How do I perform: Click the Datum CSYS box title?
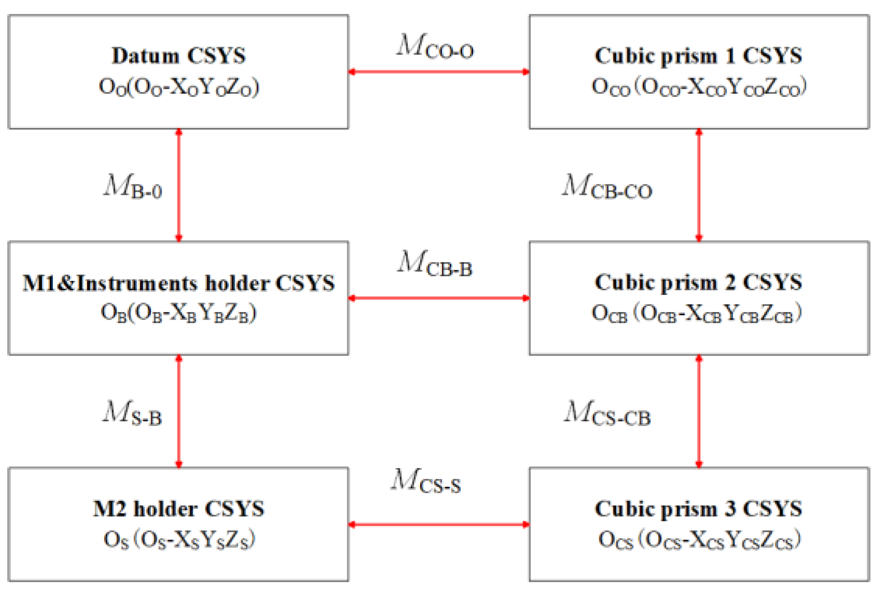(x=179, y=55)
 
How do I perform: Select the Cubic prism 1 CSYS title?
(x=698, y=55)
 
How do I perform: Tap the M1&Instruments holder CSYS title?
(x=179, y=283)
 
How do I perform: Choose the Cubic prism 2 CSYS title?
(x=698, y=282)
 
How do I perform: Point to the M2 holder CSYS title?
(x=179, y=509)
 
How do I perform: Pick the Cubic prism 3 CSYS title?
(x=698, y=509)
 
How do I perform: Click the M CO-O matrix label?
(x=435, y=46)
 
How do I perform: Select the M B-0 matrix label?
(x=133, y=187)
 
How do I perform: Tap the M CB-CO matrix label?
(x=607, y=187)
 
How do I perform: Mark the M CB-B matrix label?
(x=435, y=263)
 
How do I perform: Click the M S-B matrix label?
(x=133, y=414)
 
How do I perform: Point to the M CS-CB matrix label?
(x=607, y=414)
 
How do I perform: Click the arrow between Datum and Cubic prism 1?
(x=439, y=72)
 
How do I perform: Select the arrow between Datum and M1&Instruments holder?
(x=179, y=185)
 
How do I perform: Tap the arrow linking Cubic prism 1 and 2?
(x=698, y=185)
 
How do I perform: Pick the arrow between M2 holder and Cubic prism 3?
(x=439, y=525)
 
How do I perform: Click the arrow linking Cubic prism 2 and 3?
(x=698, y=411)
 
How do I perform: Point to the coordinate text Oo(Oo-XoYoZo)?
(x=179, y=87)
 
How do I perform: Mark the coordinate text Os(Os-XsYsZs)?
(x=179, y=540)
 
